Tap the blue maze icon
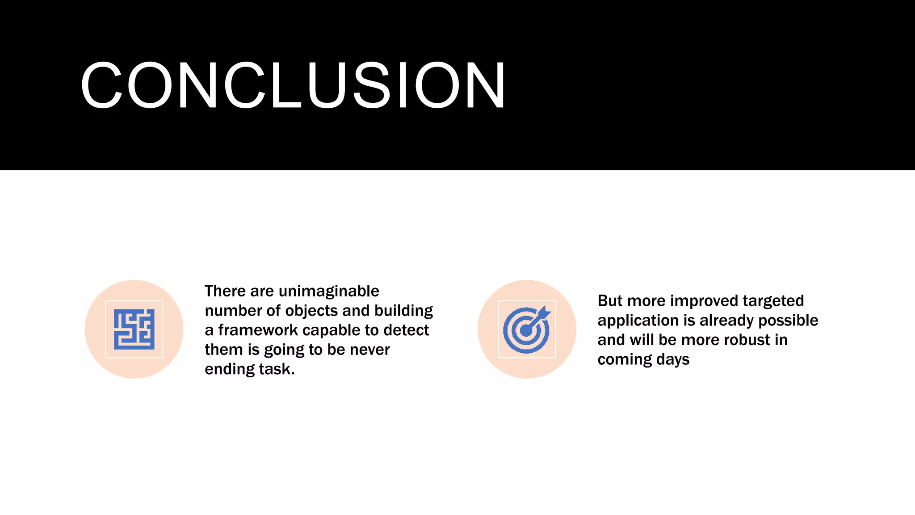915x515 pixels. (134, 329)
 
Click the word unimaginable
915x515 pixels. (329, 291)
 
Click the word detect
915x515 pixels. (406, 330)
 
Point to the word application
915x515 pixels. (638, 321)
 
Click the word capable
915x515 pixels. (332, 330)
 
